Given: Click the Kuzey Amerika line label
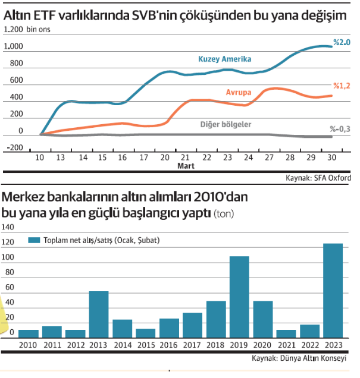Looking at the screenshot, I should (224, 59).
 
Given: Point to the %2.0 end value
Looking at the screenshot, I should (342, 42).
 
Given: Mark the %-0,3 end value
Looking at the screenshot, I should (340, 129).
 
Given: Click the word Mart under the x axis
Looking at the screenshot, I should (185, 166).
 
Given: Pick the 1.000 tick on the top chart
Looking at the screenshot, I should (13, 46).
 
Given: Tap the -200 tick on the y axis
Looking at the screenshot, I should (13, 147).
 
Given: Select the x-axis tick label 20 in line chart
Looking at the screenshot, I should (164, 157).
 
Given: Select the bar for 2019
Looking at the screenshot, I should (239, 297).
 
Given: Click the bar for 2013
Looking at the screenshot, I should (99, 314).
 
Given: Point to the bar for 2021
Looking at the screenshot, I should (286, 333).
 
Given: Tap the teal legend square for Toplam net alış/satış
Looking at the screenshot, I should (33, 240).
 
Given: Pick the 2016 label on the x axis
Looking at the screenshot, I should (169, 345).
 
